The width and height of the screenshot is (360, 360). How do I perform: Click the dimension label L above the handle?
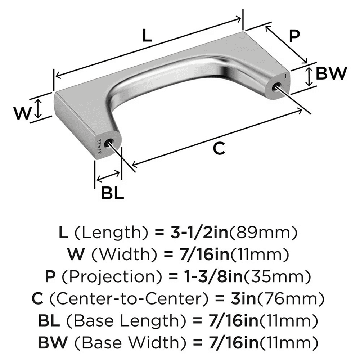147,36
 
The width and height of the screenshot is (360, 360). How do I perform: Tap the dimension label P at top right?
295,36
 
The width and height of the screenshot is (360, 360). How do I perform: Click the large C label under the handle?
219,148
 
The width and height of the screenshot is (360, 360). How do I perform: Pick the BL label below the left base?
112,194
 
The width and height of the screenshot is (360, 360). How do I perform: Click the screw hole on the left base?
108,143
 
